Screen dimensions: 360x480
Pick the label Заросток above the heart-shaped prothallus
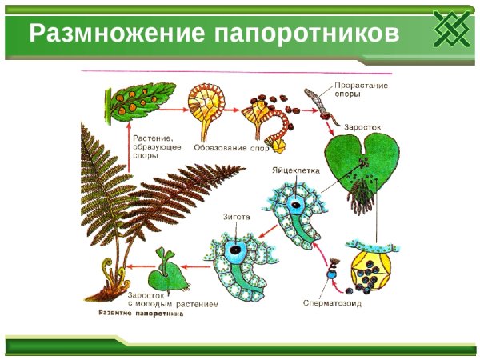(362, 126)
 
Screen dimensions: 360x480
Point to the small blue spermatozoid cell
(330, 274)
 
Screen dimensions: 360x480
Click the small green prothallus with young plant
(172, 273)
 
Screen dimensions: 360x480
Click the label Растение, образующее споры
(157, 147)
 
